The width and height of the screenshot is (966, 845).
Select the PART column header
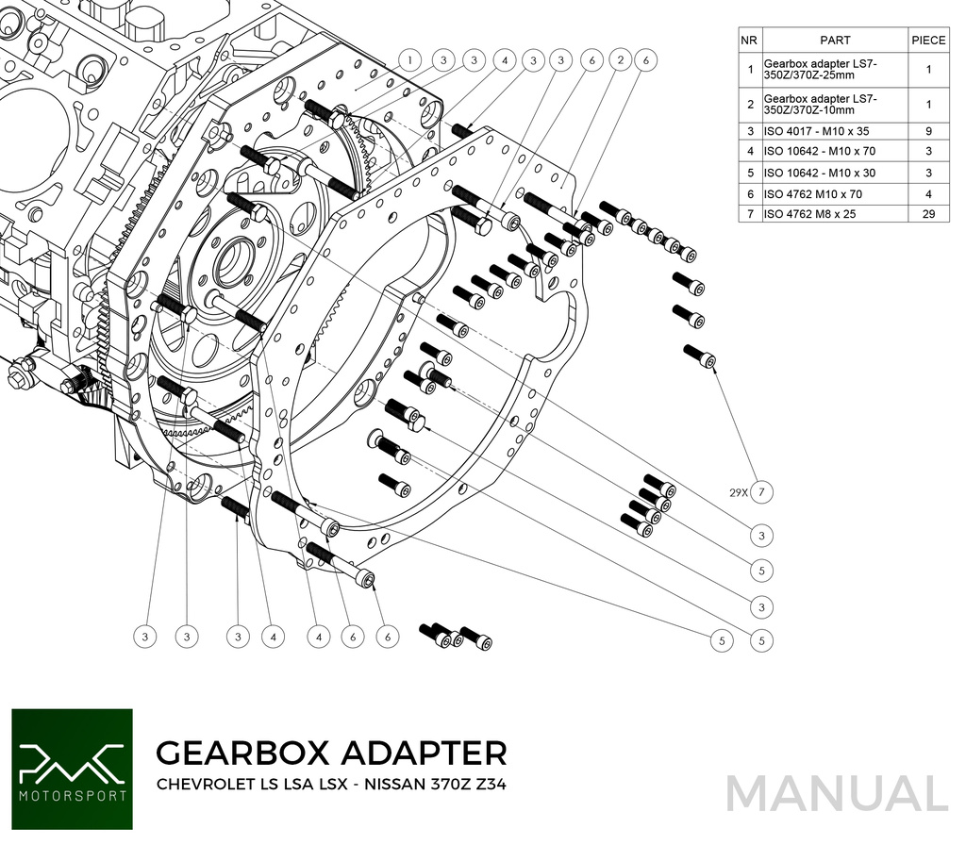click(x=835, y=41)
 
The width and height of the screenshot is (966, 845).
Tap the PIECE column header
click(x=928, y=41)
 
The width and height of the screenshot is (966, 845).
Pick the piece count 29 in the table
click(x=928, y=214)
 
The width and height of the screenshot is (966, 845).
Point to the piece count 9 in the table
click(x=928, y=131)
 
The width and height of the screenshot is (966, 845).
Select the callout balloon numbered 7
click(x=762, y=492)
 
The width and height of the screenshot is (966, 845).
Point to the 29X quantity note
click(x=737, y=492)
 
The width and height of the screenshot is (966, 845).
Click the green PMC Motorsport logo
click(x=72, y=768)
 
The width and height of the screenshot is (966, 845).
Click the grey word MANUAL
click(x=837, y=793)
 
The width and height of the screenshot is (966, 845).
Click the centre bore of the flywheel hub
click(x=231, y=263)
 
